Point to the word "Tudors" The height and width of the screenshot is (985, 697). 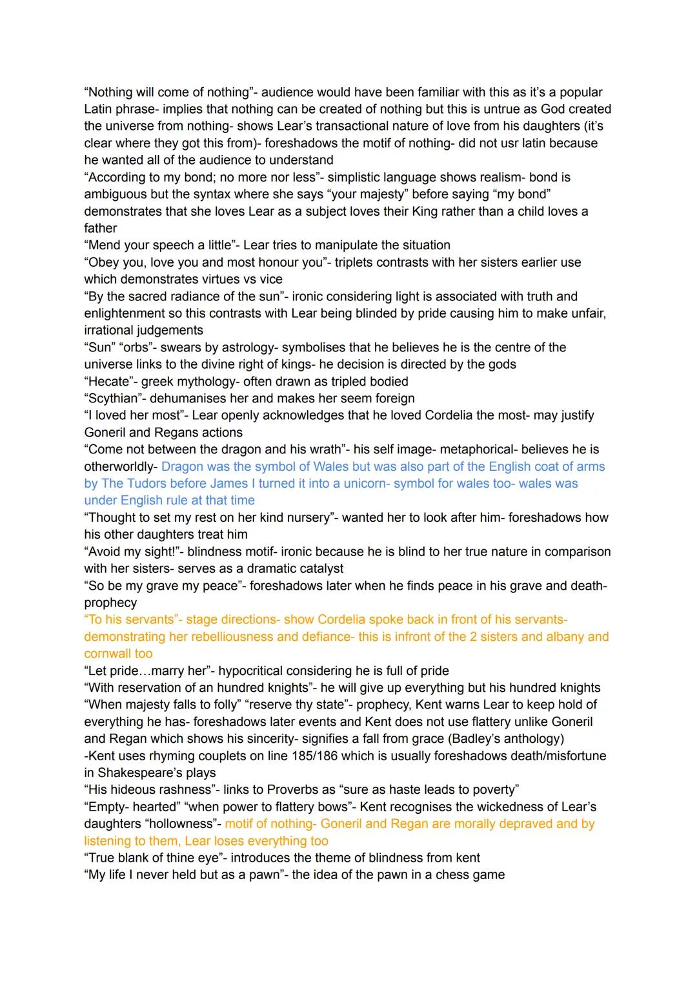pyautogui.click(x=147, y=483)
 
